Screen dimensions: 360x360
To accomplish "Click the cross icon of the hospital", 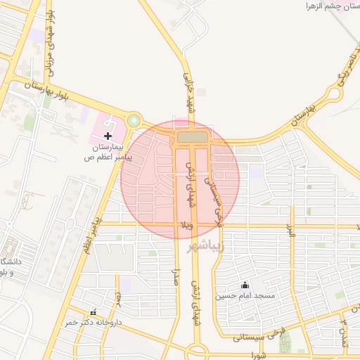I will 108,135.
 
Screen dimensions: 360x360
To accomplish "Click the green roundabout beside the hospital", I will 134,121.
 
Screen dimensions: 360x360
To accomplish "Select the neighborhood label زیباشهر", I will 205,247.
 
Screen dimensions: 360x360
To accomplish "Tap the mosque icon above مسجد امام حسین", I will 245,285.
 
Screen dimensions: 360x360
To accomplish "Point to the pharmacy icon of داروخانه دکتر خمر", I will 94,312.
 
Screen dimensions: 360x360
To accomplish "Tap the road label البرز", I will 290,229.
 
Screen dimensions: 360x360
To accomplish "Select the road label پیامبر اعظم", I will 92,236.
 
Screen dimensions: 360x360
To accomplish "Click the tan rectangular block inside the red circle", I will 193,136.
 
